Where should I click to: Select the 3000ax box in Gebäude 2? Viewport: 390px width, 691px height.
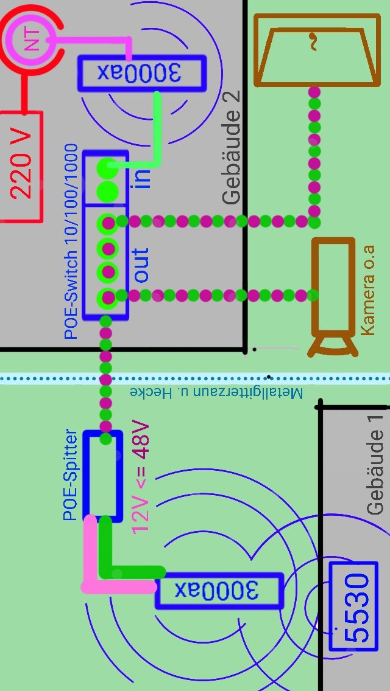tap(141, 74)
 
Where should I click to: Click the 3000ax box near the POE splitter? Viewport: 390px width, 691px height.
tap(219, 590)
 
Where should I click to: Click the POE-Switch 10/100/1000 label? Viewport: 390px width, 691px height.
tap(71, 241)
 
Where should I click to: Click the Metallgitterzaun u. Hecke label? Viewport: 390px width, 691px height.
tap(216, 392)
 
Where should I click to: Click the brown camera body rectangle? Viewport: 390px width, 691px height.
tap(333, 286)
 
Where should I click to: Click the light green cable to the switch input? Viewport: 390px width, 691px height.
tap(157, 134)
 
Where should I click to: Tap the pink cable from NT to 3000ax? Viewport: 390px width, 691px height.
tap(97, 40)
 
